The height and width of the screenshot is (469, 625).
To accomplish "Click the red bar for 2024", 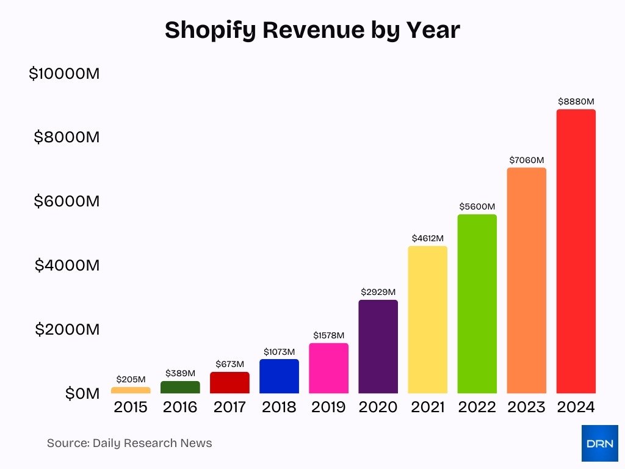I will (x=576, y=251).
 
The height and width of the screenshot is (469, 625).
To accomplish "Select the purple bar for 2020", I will (x=378, y=346).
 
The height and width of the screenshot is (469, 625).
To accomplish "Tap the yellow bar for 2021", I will (x=427, y=319).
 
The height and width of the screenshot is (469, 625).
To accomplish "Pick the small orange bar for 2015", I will (x=131, y=390).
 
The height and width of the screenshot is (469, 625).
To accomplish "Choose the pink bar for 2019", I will (x=328, y=368).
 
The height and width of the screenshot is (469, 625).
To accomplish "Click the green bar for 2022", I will (x=477, y=304).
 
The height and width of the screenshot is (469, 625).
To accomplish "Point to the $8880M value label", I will (x=576, y=101).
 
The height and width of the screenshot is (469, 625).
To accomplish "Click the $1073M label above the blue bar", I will (x=279, y=352).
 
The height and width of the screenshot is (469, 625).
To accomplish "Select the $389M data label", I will (x=180, y=373).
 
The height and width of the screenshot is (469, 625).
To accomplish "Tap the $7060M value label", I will (x=526, y=160).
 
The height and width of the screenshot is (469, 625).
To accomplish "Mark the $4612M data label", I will (x=427, y=238).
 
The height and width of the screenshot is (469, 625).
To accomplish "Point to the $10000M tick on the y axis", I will (x=63, y=74).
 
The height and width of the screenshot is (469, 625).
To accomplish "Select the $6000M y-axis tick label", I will (x=67, y=201).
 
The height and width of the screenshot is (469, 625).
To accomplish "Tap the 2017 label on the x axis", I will (x=229, y=407).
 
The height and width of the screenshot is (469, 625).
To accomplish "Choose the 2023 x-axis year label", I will (x=526, y=407).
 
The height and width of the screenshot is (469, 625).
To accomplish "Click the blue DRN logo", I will (x=599, y=443).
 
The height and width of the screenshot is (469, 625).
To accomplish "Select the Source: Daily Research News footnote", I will (x=129, y=443).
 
